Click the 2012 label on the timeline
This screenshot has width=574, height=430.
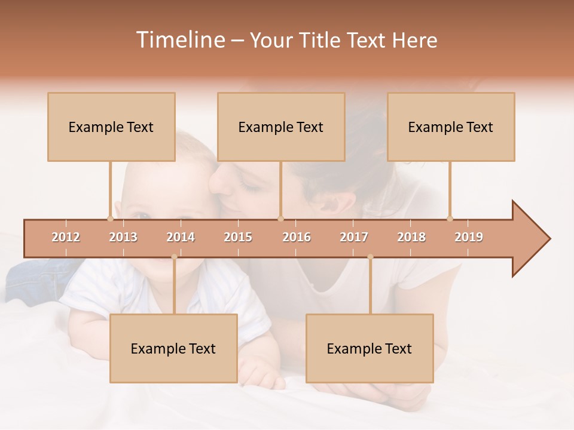pyautogui.click(x=66, y=237)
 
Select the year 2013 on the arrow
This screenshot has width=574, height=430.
pyautogui.click(x=123, y=237)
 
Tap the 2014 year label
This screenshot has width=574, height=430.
pyautogui.click(x=181, y=237)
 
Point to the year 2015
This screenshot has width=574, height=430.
pyautogui.click(x=238, y=237)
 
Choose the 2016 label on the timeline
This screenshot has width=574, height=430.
pyautogui.click(x=297, y=237)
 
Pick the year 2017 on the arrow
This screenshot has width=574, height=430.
pyautogui.click(x=354, y=237)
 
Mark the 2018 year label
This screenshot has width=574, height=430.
pyautogui.click(x=411, y=237)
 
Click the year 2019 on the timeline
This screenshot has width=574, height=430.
pyautogui.click(x=469, y=237)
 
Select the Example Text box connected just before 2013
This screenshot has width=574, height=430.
pyautogui.click(x=111, y=127)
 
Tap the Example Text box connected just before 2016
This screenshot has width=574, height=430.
pyautogui.click(x=281, y=127)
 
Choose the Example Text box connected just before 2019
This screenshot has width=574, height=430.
pyautogui.click(x=451, y=127)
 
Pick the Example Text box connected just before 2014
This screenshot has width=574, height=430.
pyautogui.click(x=173, y=348)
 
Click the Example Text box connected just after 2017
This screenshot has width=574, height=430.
pyautogui.click(x=370, y=348)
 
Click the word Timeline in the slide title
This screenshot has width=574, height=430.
pyautogui.click(x=179, y=40)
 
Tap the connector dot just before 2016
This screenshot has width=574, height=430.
pyautogui.click(x=280, y=219)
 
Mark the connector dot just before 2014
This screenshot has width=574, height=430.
pyautogui.click(x=174, y=257)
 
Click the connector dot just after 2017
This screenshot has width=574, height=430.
pyautogui.click(x=370, y=257)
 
